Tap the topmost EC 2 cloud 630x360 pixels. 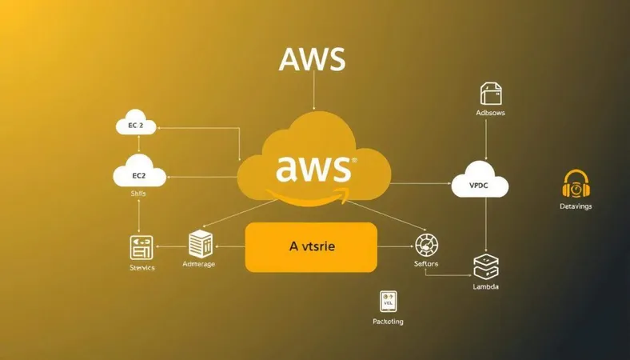click(140, 126)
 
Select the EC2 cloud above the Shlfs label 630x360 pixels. click(139, 174)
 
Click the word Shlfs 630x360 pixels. click(138, 194)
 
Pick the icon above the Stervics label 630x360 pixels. click(141, 247)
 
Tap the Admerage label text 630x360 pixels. click(198, 264)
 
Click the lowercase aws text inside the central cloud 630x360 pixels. click(313, 168)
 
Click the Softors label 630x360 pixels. click(426, 264)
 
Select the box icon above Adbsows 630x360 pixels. click(489, 94)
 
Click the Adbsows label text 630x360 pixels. click(490, 114)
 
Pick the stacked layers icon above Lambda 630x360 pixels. click(486, 266)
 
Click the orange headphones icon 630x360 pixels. click(576, 185)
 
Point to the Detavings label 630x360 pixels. click(576, 206)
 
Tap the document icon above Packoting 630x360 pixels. click(389, 302)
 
